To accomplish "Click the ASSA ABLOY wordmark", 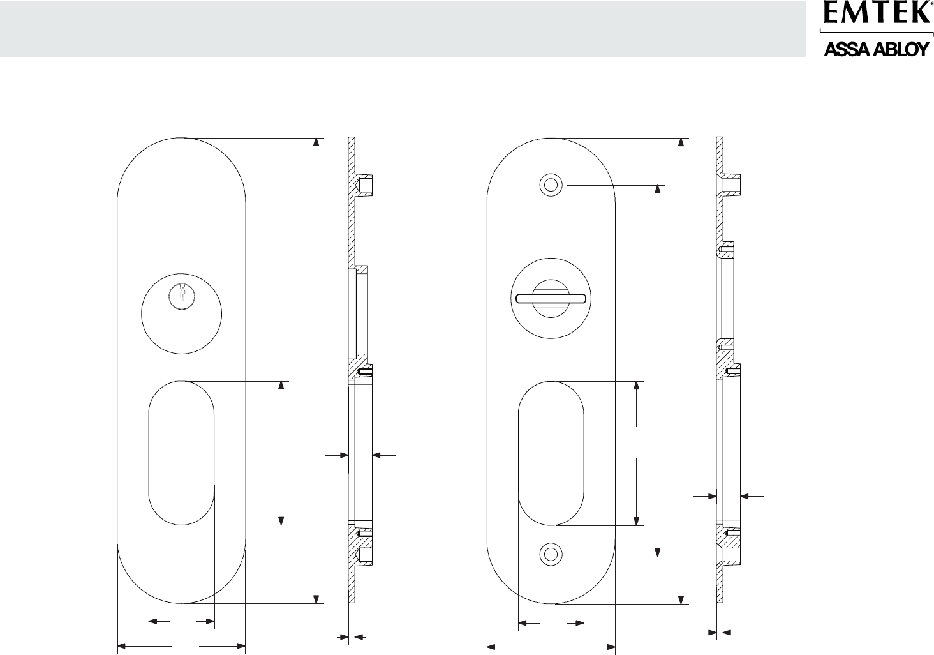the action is point(876,50).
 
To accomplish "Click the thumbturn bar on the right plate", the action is point(551,298).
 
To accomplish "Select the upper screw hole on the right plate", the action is point(551,184).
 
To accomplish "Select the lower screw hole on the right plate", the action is point(551,555).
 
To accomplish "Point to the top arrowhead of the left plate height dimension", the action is point(316,142).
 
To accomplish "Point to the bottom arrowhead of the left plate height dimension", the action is point(316,599).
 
